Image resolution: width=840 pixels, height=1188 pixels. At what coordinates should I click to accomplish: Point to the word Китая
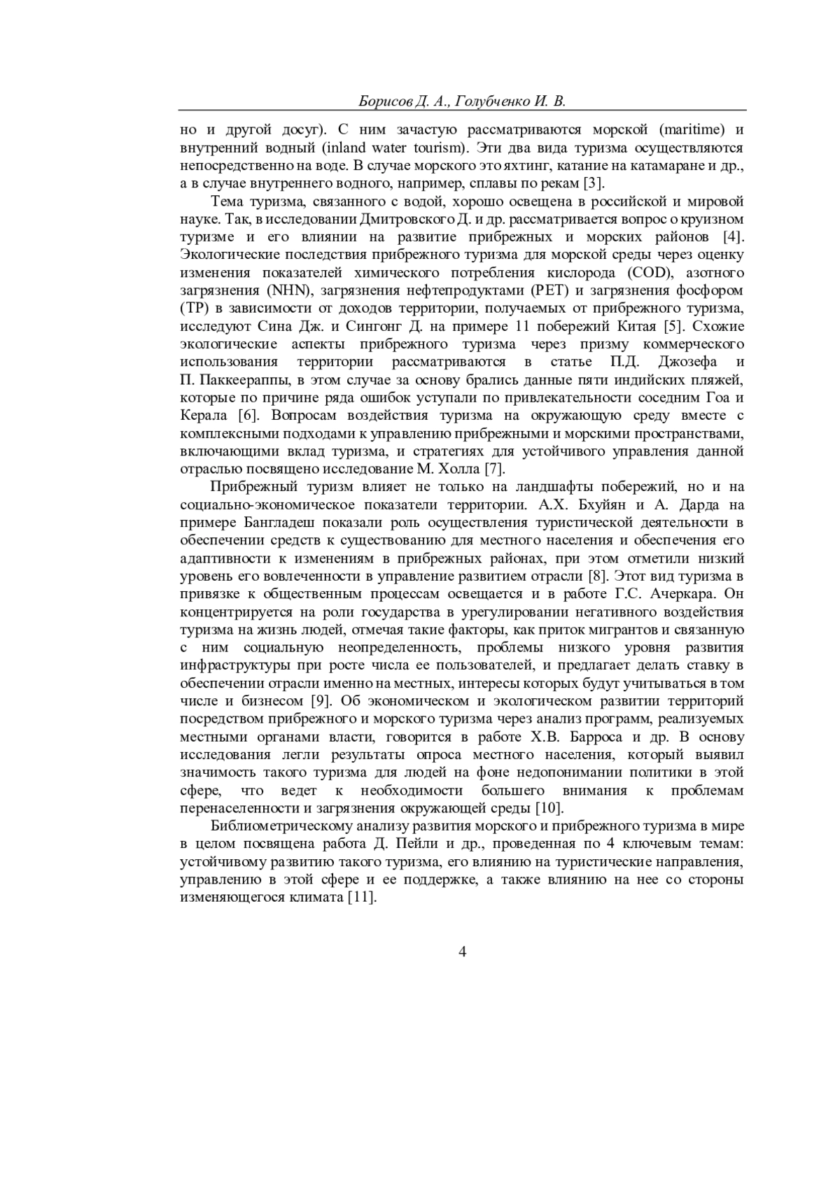tap(635, 326)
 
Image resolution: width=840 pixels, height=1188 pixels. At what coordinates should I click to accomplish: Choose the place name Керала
tap(204, 415)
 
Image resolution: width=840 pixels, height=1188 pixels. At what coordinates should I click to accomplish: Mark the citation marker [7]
tap(494, 468)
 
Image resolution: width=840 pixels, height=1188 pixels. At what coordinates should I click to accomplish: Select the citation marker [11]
tap(363, 897)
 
